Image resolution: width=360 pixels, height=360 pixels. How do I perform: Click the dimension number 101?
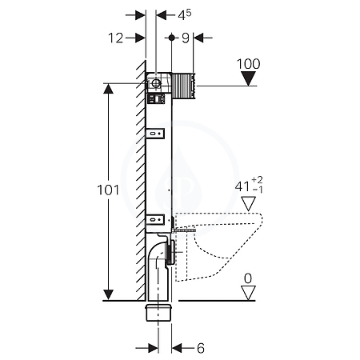pyautogui.click(x=108, y=190)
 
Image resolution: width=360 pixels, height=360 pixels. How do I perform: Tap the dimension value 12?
pyautogui.click(x=116, y=38)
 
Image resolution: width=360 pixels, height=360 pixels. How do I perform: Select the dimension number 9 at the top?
pyautogui.click(x=186, y=38)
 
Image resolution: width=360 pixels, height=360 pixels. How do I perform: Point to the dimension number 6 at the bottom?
pyautogui.click(x=201, y=348)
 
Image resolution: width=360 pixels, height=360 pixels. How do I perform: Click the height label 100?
pyautogui.click(x=248, y=64)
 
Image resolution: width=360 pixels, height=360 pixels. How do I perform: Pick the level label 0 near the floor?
pyautogui.click(x=248, y=278)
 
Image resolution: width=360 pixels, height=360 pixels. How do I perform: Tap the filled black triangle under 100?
pyautogui.click(x=248, y=79)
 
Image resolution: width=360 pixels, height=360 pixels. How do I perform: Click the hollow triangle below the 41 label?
pyautogui.click(x=248, y=204)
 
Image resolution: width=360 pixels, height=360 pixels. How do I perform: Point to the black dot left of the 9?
pyautogui.click(x=172, y=38)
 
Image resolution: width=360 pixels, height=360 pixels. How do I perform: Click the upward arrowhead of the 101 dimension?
pyautogui.click(x=108, y=89)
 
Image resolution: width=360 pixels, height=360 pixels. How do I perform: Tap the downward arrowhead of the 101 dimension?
pyautogui.click(x=108, y=294)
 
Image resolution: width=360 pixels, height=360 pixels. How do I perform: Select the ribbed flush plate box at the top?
pyautogui.click(x=183, y=86)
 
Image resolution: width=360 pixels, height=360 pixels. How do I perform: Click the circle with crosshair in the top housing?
pyautogui.click(x=155, y=83)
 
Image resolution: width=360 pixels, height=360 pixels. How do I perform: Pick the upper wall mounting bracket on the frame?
pyautogui.click(x=155, y=134)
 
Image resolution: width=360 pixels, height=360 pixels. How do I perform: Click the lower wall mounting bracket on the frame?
pyautogui.click(x=155, y=220)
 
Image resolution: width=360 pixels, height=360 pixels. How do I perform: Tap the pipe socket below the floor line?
pyautogui.click(x=158, y=313)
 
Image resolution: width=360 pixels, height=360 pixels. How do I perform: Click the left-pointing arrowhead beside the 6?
pyautogui.click(x=177, y=348)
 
